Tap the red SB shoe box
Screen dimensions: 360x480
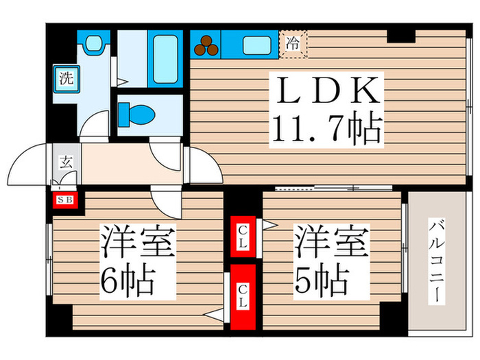coord(67,200)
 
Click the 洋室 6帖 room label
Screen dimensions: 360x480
coord(138,261)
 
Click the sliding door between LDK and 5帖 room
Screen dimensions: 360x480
coord(315,188)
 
